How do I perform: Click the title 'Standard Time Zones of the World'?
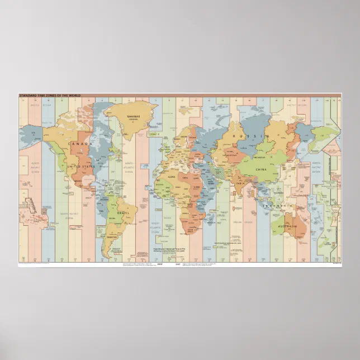pos(50,96)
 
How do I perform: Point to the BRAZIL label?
pos(124,213)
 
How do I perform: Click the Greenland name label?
pos(132,117)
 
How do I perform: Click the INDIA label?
pos(240,183)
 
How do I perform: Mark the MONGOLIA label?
pos(263,156)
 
